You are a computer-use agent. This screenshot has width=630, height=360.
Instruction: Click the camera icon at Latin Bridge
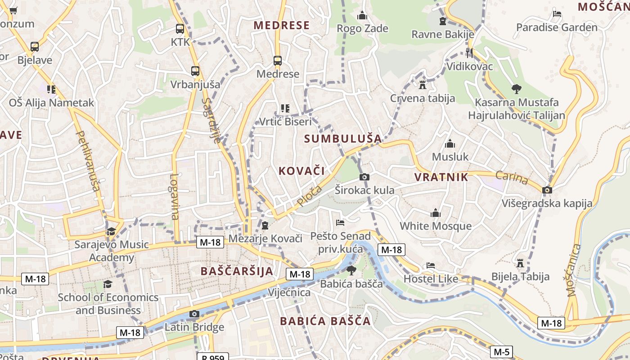pyautogui.click(x=194, y=314)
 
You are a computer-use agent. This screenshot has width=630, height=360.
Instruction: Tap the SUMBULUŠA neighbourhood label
pyautogui.click(x=343, y=139)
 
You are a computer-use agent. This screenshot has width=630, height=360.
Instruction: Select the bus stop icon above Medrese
pyautogui.click(x=278, y=60)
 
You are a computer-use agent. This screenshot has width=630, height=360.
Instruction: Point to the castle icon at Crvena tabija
pyautogui.click(x=422, y=84)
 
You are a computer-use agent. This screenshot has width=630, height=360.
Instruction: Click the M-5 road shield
pyautogui.click(x=501, y=352)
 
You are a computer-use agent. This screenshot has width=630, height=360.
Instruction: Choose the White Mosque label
pyautogui.click(x=436, y=226)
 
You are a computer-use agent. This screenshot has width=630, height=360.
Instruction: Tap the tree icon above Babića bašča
pyautogui.click(x=351, y=270)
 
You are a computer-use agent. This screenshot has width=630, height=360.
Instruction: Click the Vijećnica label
pyautogui.click(x=289, y=292)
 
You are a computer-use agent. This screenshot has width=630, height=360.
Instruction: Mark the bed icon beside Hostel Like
pyautogui.click(x=431, y=265)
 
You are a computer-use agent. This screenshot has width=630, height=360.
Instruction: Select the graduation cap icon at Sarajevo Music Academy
pyautogui.click(x=111, y=231)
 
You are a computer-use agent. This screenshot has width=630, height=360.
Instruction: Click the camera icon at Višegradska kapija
pyautogui.click(x=547, y=190)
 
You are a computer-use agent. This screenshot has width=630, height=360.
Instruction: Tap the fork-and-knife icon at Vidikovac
pyautogui.click(x=469, y=53)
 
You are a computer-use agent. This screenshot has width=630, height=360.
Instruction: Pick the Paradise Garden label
pyautogui.click(x=557, y=27)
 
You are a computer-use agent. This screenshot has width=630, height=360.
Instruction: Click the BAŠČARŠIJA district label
pyautogui.click(x=237, y=271)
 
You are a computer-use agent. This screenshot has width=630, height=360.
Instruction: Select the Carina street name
pyautogui.click(x=512, y=177)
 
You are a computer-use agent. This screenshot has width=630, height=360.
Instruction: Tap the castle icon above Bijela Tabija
pyautogui.click(x=521, y=262)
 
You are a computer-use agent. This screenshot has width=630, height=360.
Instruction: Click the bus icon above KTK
pyautogui.click(x=180, y=29)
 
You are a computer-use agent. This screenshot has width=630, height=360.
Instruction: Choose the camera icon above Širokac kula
pyautogui.click(x=364, y=177)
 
